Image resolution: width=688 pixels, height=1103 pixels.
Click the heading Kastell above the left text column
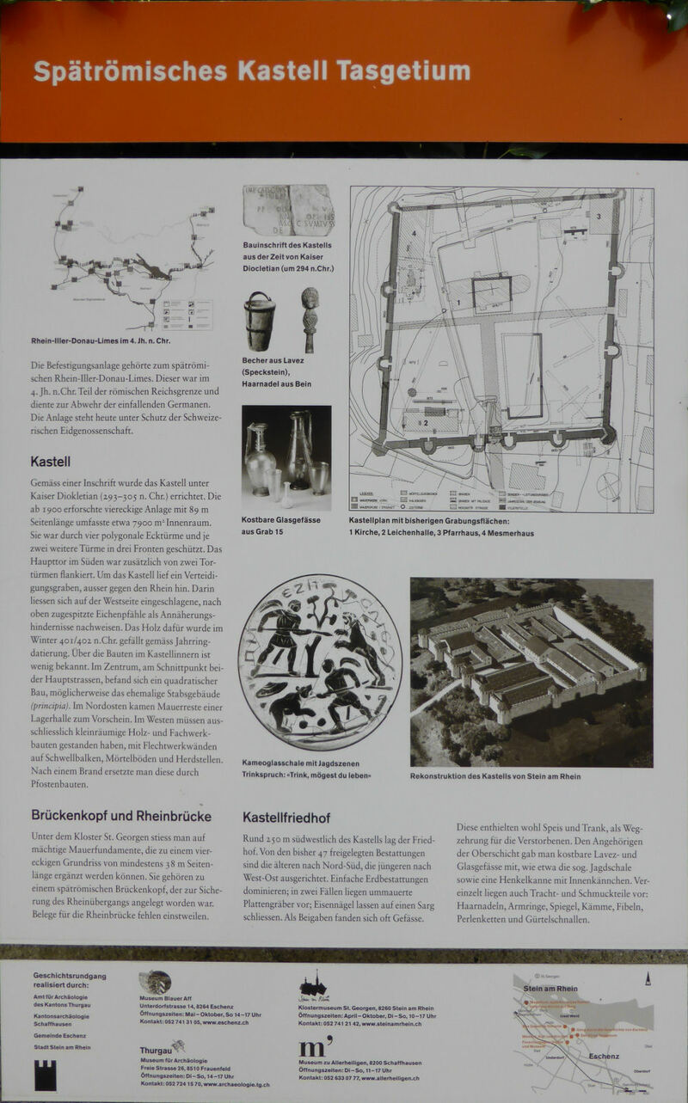pos(50,462)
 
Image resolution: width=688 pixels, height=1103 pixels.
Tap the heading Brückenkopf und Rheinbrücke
pos(120,816)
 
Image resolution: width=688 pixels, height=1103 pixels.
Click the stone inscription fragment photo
pos(288,210)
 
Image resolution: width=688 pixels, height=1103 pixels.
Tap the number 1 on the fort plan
pos(459,302)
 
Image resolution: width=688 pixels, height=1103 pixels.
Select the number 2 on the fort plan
pos(424,422)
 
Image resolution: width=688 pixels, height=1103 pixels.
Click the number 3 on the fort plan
pos(599,217)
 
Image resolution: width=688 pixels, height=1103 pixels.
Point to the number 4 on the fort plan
pos(413,232)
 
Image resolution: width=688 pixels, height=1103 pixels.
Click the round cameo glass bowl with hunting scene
pos(320,662)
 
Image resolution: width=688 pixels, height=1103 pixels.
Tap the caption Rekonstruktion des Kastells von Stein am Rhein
pos(494,776)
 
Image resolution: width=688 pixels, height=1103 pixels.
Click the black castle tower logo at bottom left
pos(45,1075)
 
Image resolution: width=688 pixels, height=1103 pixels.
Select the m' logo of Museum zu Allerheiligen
pos(315,1046)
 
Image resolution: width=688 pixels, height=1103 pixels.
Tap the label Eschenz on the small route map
pos(604,1056)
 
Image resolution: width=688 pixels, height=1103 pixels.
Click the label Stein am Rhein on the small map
pos(550,989)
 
